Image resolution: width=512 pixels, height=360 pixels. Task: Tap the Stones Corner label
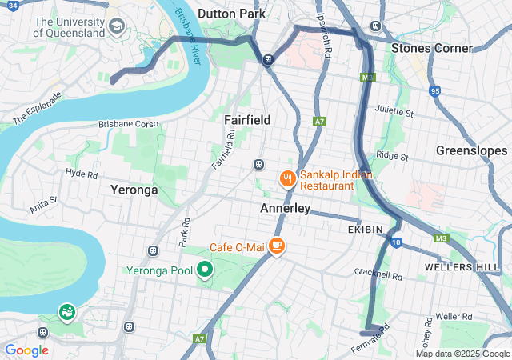[432, 48]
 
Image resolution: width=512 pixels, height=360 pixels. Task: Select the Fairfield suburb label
[247, 119]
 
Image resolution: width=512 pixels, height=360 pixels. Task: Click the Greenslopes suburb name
[472, 150]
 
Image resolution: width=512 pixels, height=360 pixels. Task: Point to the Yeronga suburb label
[134, 190]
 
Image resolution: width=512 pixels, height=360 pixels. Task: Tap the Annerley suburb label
[286, 208]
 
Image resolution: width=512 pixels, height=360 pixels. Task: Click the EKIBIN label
[366, 229]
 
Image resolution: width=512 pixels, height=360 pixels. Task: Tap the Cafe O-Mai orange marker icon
[277, 246]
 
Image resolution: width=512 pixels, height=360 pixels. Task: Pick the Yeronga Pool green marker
[204, 270]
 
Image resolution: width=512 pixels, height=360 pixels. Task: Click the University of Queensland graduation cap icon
[117, 27]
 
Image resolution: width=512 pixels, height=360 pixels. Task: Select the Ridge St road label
[392, 156]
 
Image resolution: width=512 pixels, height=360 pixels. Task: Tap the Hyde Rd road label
[81, 173]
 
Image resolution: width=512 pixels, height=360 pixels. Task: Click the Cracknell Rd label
[379, 274]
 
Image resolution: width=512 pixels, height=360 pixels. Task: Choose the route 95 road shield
[435, 91]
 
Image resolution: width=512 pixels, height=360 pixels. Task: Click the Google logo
[26, 350]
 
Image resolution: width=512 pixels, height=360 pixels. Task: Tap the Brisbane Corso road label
[129, 124]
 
